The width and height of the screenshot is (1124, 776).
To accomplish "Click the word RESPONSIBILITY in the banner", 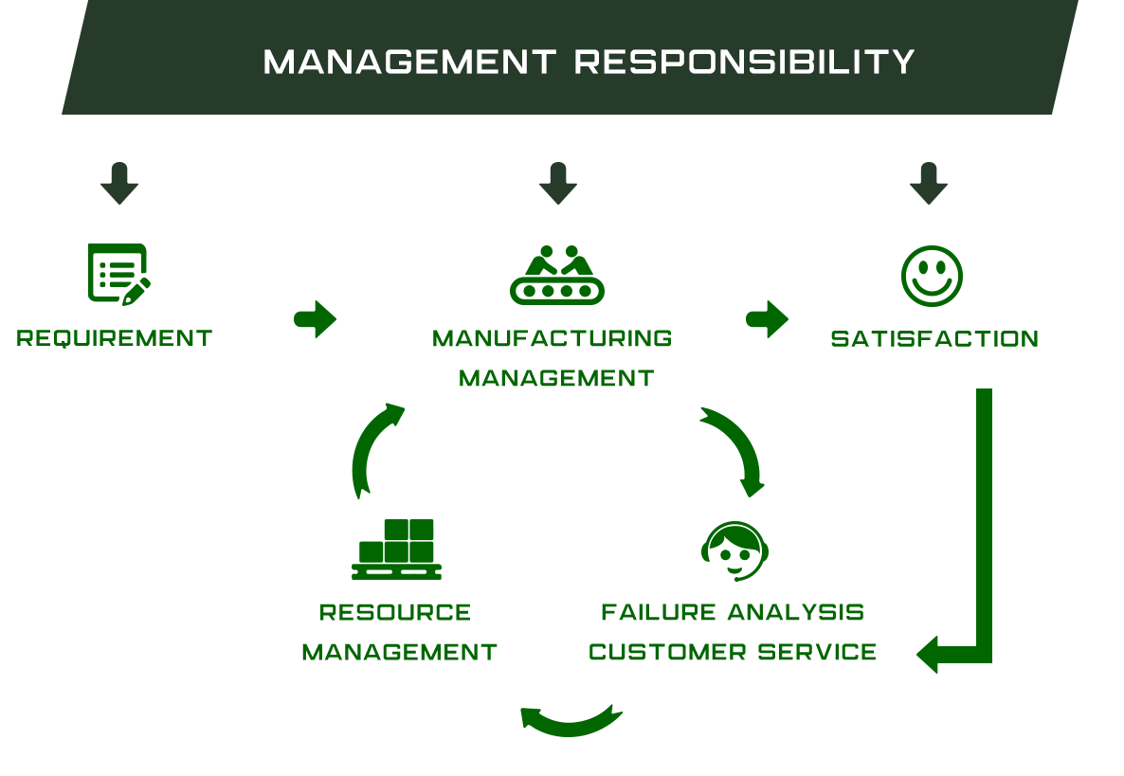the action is point(744,62).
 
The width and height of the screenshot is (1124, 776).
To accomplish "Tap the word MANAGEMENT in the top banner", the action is point(409,62).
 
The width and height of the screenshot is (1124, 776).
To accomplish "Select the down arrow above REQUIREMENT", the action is point(119,184).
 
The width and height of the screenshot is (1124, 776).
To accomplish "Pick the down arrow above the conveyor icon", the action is point(557,184).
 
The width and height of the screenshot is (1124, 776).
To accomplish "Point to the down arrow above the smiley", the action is point(929,184).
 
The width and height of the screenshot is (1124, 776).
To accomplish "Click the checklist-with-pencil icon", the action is point(119,275).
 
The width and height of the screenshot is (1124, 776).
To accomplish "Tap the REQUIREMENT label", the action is point(115,338).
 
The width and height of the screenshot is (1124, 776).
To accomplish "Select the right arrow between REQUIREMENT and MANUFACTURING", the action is point(316,319).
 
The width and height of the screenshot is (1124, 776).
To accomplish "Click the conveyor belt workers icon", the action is point(557,275).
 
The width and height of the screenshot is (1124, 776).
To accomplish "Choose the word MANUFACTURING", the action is point(552,338).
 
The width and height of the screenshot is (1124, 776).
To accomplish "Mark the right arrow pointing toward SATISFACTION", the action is point(767,319).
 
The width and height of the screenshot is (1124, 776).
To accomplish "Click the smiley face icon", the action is point(932,276).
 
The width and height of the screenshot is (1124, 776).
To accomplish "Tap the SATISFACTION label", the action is point(934,339).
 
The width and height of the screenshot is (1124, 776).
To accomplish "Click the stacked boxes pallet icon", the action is point(396,549).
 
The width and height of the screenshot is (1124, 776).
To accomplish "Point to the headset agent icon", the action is point(734,551).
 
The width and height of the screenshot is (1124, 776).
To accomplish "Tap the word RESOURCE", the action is point(395,613).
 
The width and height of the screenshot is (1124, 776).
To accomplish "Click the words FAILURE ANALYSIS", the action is point(733,613).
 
